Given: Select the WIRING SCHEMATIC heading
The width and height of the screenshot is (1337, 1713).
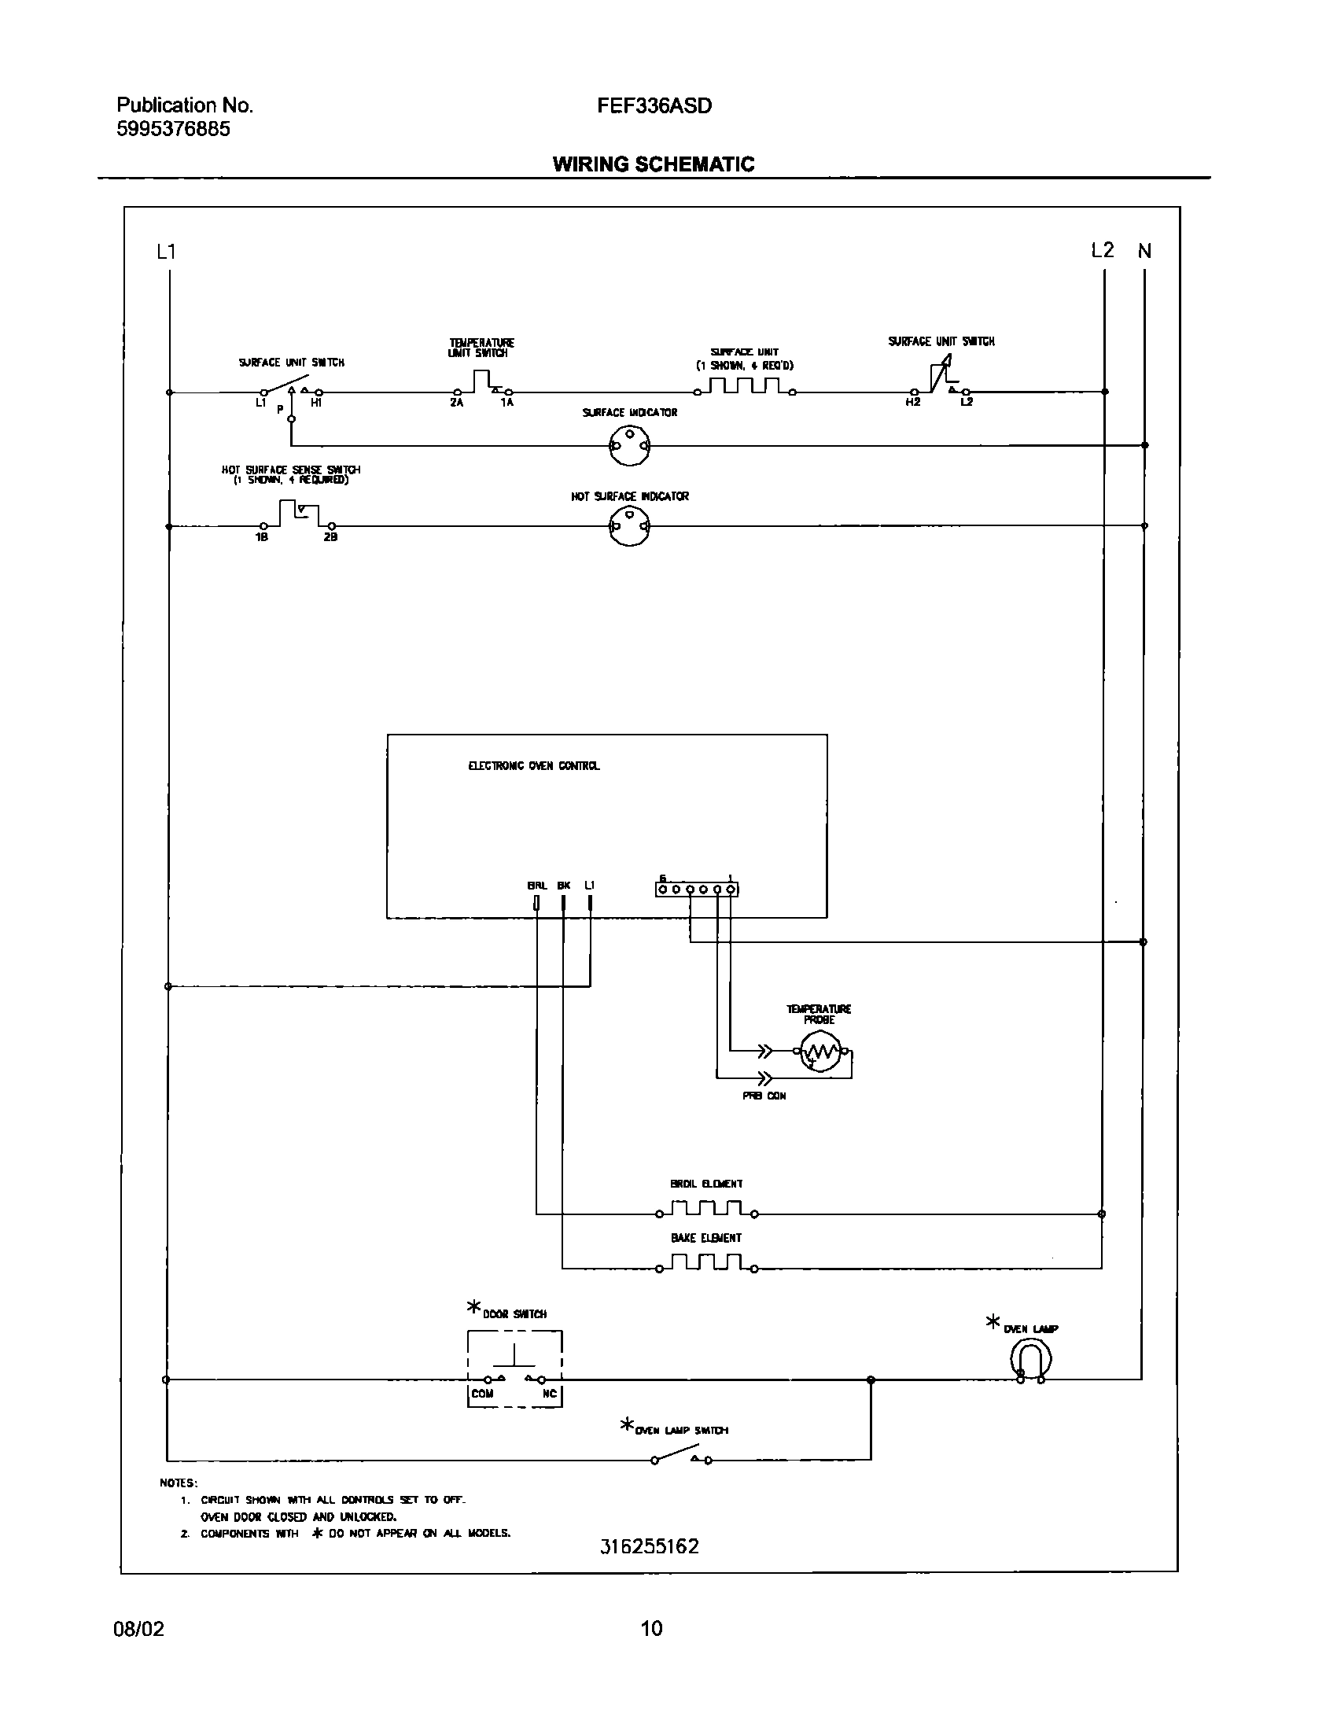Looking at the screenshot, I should click(x=654, y=164).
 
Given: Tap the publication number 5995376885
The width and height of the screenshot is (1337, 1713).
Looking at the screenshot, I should click(x=174, y=129).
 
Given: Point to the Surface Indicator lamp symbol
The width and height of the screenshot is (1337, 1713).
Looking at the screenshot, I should click(x=630, y=447).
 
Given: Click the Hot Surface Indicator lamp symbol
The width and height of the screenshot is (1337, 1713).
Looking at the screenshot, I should click(x=630, y=526).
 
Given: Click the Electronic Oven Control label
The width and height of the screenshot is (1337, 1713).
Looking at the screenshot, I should click(x=534, y=766).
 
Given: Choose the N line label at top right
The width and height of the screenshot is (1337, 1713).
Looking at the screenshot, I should click(x=1145, y=251).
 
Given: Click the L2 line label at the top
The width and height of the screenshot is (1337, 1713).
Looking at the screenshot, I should click(x=1103, y=250).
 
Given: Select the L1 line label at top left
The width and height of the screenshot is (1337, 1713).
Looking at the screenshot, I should click(x=166, y=252).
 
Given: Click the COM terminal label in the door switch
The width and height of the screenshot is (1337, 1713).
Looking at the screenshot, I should click(x=482, y=1393).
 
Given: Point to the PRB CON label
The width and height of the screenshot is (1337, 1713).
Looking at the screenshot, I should click(x=764, y=1096).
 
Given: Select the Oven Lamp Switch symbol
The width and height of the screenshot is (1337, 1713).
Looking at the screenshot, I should click(x=681, y=1457).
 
